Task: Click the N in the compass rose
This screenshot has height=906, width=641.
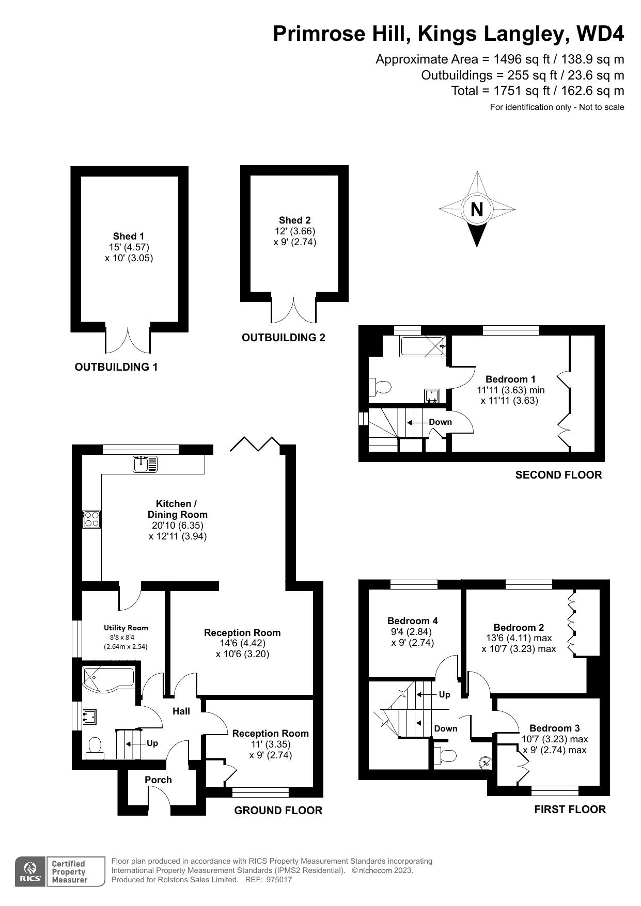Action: (477, 210)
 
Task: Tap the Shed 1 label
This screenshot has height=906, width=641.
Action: (129, 236)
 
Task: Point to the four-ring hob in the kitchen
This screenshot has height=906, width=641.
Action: (92, 518)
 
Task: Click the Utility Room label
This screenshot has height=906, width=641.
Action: (126, 628)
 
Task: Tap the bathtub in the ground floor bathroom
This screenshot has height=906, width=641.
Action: (108, 678)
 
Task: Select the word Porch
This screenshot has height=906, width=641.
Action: (158, 780)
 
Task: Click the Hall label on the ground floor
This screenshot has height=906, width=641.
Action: (181, 711)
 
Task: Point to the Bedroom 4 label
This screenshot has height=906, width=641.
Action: (412, 621)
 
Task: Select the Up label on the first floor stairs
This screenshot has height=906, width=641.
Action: (444, 694)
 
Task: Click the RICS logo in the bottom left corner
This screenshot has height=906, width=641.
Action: (30, 871)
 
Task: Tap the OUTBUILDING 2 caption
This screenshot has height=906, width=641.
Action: (283, 338)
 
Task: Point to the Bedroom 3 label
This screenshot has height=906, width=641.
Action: (554, 728)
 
